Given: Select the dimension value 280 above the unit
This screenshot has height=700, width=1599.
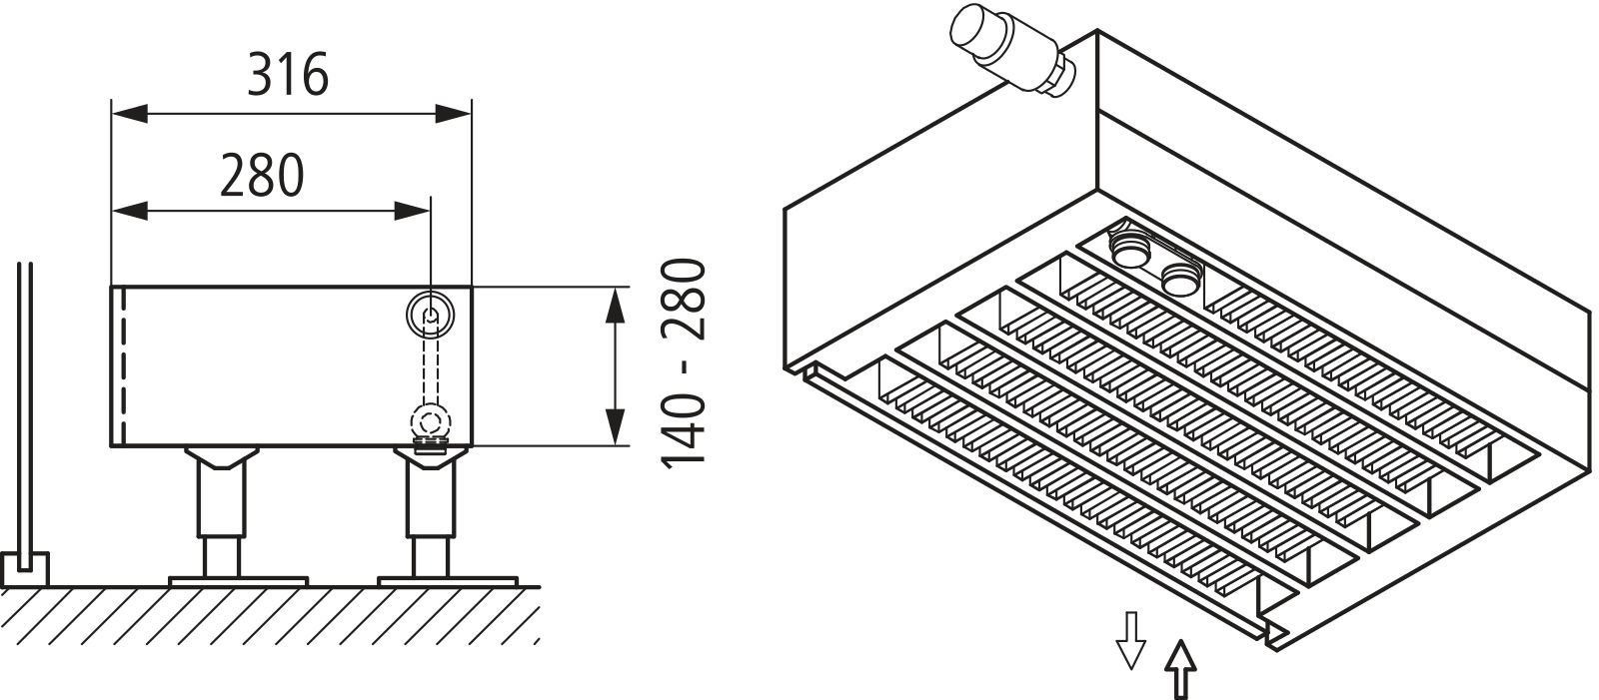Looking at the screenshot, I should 261,176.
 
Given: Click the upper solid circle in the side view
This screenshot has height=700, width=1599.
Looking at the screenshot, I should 430,315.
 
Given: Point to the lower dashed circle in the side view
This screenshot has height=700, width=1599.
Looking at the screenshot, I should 431,420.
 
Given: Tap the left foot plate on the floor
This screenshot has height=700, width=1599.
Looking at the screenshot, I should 238,579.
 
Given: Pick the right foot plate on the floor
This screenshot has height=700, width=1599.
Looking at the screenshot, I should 448,579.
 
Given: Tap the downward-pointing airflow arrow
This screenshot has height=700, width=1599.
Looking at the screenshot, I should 1130,638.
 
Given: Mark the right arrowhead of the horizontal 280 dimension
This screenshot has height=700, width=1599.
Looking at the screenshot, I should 412,211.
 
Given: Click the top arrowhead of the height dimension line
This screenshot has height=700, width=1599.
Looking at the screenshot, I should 616,304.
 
